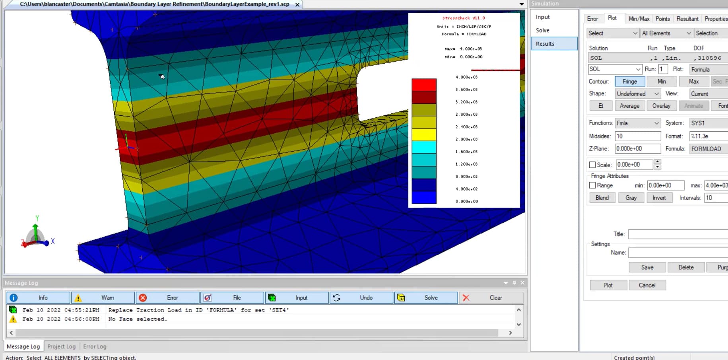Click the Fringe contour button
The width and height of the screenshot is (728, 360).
[630, 82]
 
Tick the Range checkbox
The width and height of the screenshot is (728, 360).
[592, 185]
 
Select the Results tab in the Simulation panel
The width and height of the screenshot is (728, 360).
[554, 44]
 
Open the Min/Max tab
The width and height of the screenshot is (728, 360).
[639, 19]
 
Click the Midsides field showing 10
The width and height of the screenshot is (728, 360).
[637, 136]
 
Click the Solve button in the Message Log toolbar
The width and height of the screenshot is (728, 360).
[426, 298]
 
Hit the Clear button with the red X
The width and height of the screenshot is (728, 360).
[491, 298]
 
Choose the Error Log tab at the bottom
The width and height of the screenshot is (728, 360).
[95, 346]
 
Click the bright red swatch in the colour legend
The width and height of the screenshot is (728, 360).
[424, 85]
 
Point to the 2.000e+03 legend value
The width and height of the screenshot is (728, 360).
[466, 139]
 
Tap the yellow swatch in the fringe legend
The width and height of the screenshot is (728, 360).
[424, 135]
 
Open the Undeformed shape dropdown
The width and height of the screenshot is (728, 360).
[638, 94]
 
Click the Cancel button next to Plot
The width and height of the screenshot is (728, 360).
[647, 285]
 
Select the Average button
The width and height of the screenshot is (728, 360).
[629, 106]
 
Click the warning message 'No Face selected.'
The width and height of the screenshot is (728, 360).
[138, 319]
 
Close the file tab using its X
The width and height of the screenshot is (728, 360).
[297, 4]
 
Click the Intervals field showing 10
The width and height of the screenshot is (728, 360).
[716, 198]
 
